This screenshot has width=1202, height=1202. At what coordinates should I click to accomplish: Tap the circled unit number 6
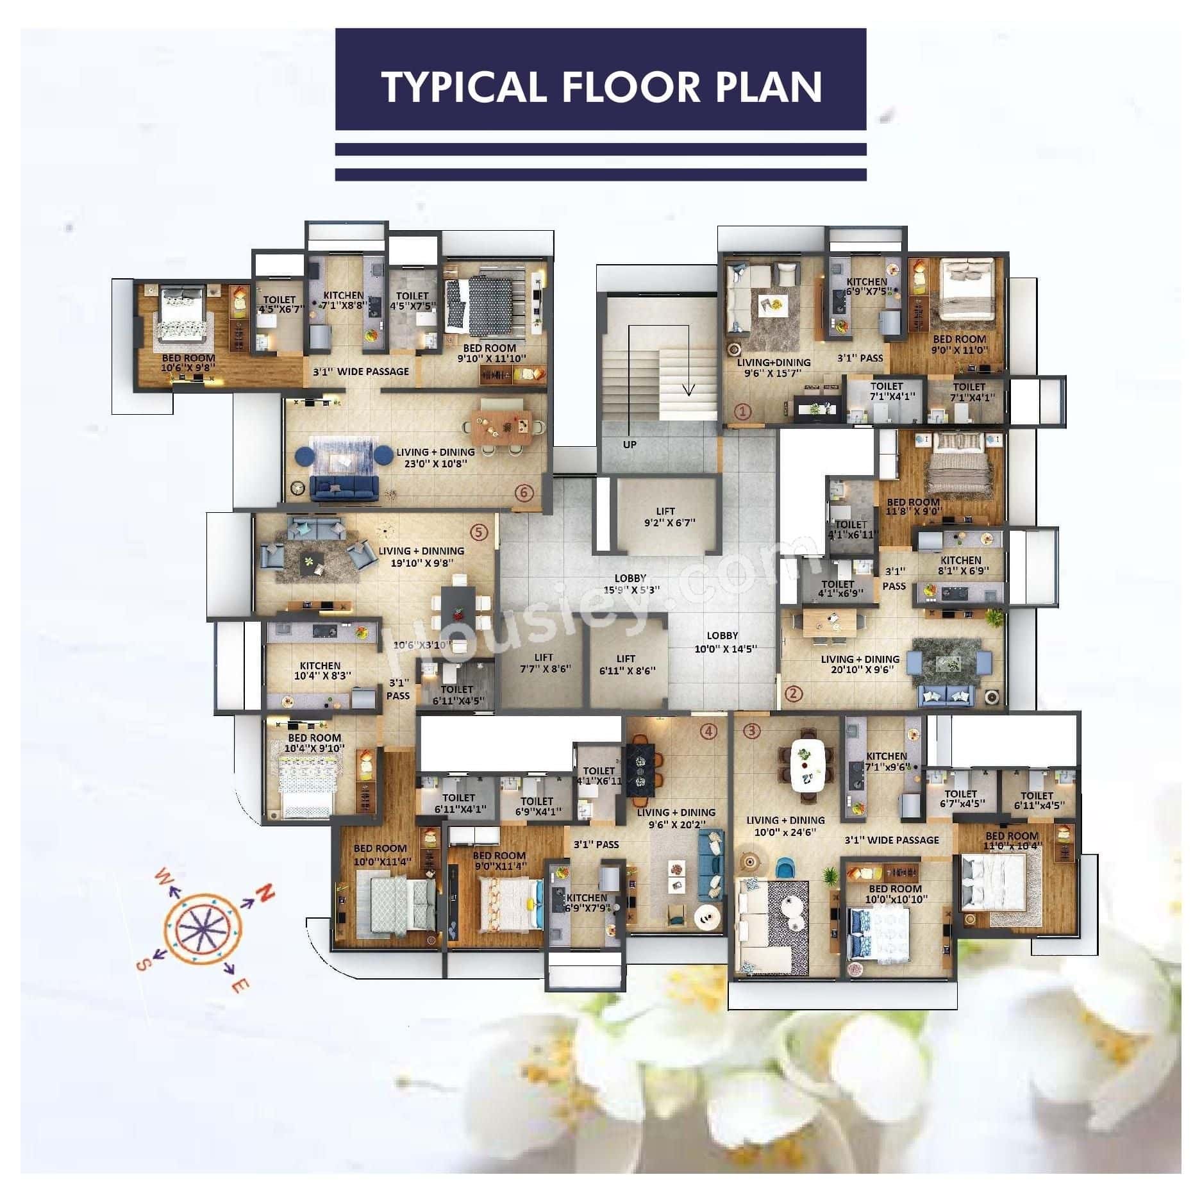pos(524,492)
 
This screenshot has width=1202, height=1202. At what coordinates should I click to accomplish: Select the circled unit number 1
pos(742,411)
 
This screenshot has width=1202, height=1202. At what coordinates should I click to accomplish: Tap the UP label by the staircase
pos(630,444)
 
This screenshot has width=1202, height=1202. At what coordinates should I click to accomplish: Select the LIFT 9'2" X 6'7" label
pos(665,517)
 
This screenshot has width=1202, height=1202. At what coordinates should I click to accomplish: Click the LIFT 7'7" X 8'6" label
pos(544,663)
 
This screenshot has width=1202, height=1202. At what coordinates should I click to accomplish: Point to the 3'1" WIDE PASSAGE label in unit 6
pos(360,371)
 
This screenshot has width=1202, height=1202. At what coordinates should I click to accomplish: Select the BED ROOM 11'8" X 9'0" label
pos(913,507)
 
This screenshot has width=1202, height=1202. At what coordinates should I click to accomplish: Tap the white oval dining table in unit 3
pos(806,765)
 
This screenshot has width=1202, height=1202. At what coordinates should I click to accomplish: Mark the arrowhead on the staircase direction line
pos(689,389)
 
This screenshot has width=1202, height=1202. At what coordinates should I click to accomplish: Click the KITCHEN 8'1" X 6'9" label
pos(960,565)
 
